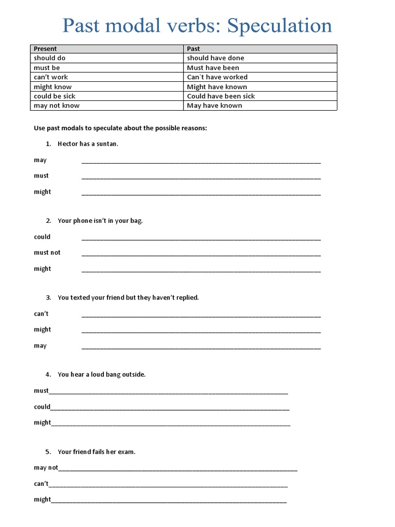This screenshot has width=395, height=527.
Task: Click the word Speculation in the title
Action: pos(280,26)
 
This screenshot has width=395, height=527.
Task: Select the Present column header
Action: pos(45,49)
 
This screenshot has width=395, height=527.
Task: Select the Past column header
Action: pos(193,49)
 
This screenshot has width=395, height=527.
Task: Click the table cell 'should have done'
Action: pos(216,58)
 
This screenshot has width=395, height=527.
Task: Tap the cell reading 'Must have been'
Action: pos(213,68)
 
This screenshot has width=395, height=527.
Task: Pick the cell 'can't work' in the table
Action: pos(51,77)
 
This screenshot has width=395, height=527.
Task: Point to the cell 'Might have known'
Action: pos(217,87)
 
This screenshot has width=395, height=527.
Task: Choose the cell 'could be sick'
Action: pos(55,96)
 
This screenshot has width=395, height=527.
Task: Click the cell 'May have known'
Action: pos(214,106)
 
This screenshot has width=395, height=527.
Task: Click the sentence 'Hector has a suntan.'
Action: pos(88,144)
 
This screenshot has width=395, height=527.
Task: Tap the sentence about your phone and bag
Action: pos(100,221)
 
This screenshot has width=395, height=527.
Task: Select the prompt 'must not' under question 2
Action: pos(47,253)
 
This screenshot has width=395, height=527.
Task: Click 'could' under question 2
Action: pos(42,237)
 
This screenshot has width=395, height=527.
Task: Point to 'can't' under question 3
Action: pos(41,314)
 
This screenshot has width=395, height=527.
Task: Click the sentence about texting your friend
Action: pos(128,297)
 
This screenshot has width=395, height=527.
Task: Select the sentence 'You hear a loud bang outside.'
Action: pos(101,375)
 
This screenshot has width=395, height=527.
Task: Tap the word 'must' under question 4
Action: pos(41,391)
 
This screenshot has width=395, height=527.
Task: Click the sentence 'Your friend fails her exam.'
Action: pos(96,452)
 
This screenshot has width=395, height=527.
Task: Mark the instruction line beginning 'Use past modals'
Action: pos(120,128)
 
